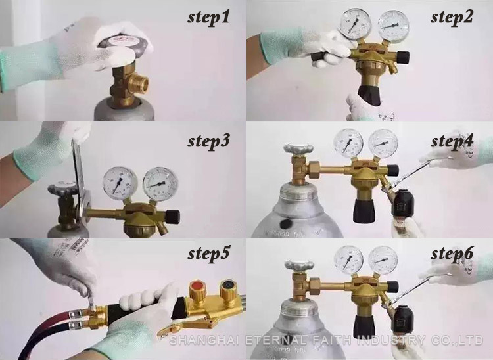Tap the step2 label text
pos(452,17)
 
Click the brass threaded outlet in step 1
pos(139,85)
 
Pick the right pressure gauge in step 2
pos(393,26)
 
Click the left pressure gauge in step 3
pos(120,183)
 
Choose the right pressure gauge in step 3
pos(160,183)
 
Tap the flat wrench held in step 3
pos(78,171)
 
